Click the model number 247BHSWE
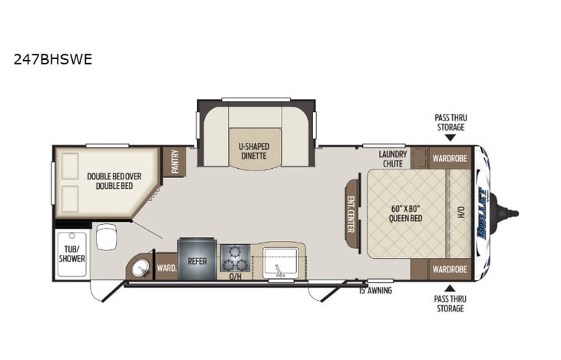[x=53, y=59]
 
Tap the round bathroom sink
[x=139, y=268]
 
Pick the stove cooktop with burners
[x=235, y=258]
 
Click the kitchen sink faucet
[x=279, y=271]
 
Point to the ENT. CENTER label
[x=352, y=213]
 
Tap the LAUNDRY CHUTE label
[x=393, y=158]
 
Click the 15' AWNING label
[x=376, y=290]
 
